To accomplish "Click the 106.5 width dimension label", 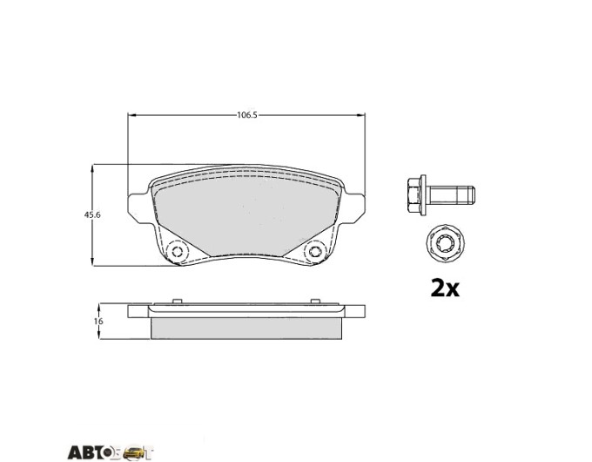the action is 247,115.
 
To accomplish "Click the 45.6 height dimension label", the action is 92,214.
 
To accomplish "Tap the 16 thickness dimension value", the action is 99,322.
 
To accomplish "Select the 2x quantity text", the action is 445,289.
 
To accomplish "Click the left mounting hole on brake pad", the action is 177,251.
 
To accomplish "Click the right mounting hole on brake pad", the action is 314,251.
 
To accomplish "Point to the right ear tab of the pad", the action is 354,209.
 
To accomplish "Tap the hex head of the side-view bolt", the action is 416,195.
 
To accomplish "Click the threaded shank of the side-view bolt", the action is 450,195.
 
